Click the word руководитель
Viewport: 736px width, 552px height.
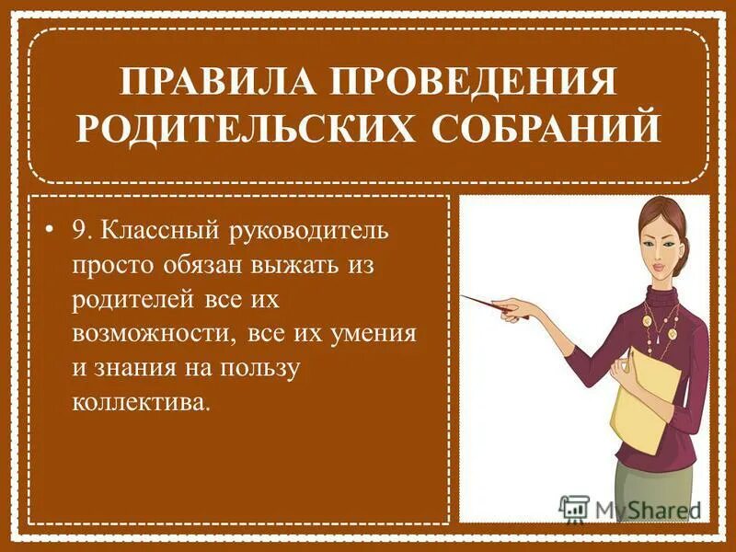tap(312, 231)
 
